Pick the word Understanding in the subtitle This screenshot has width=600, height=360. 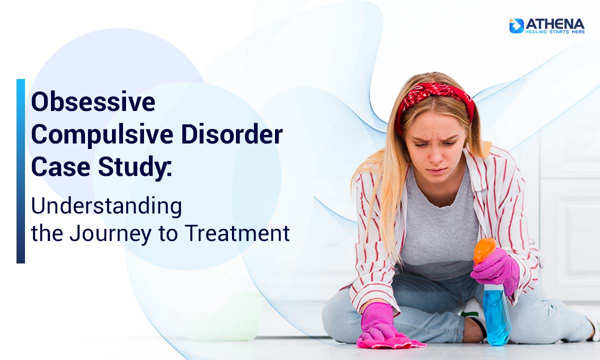point(106,205)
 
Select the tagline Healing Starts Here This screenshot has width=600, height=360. point(554,31)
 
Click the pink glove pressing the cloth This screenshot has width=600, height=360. point(377,322)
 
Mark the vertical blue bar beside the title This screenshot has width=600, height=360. point(20,170)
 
